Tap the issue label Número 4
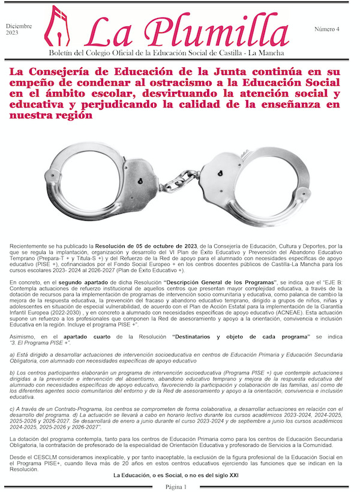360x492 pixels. coord(327,29)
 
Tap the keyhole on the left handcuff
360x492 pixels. coord(139,181)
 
